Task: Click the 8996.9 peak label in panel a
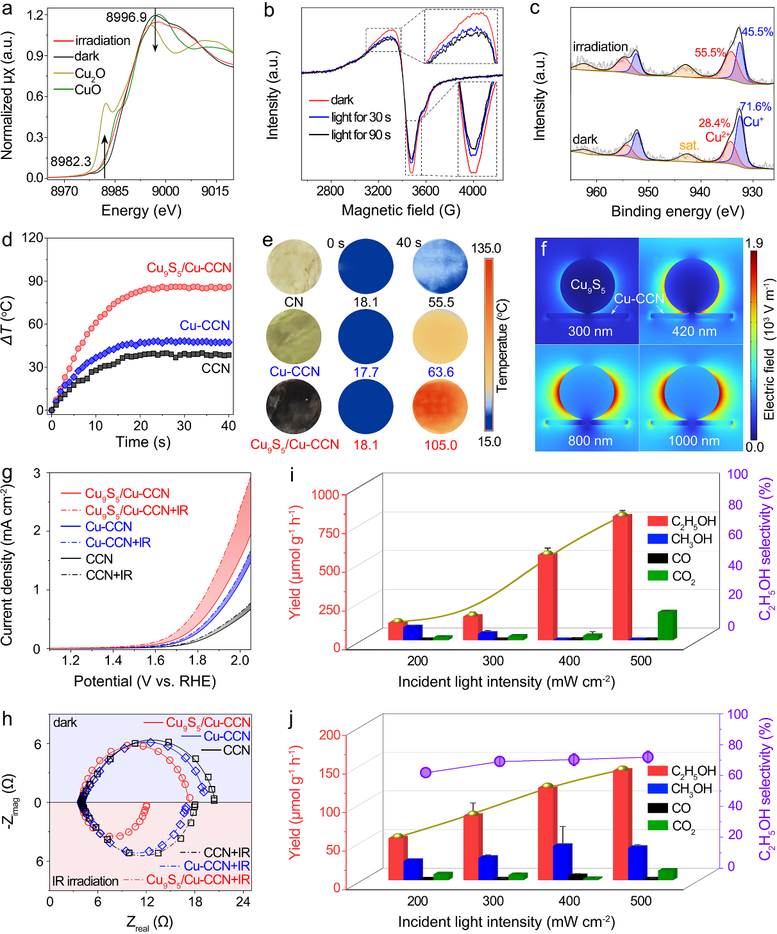[126, 17]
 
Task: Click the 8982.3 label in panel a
[71, 162]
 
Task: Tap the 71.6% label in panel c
[755, 107]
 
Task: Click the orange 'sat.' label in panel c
[689, 146]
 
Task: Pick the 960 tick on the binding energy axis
[596, 192]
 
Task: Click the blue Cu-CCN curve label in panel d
[205, 326]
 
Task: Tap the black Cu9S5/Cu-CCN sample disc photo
[294, 408]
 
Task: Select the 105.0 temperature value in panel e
[440, 445]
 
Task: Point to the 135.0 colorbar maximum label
[486, 248]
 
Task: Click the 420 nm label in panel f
[694, 331]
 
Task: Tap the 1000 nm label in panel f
[694, 441]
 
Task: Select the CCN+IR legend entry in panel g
[109, 576]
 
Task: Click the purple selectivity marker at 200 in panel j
[426, 772]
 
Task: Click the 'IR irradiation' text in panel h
[85, 881]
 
